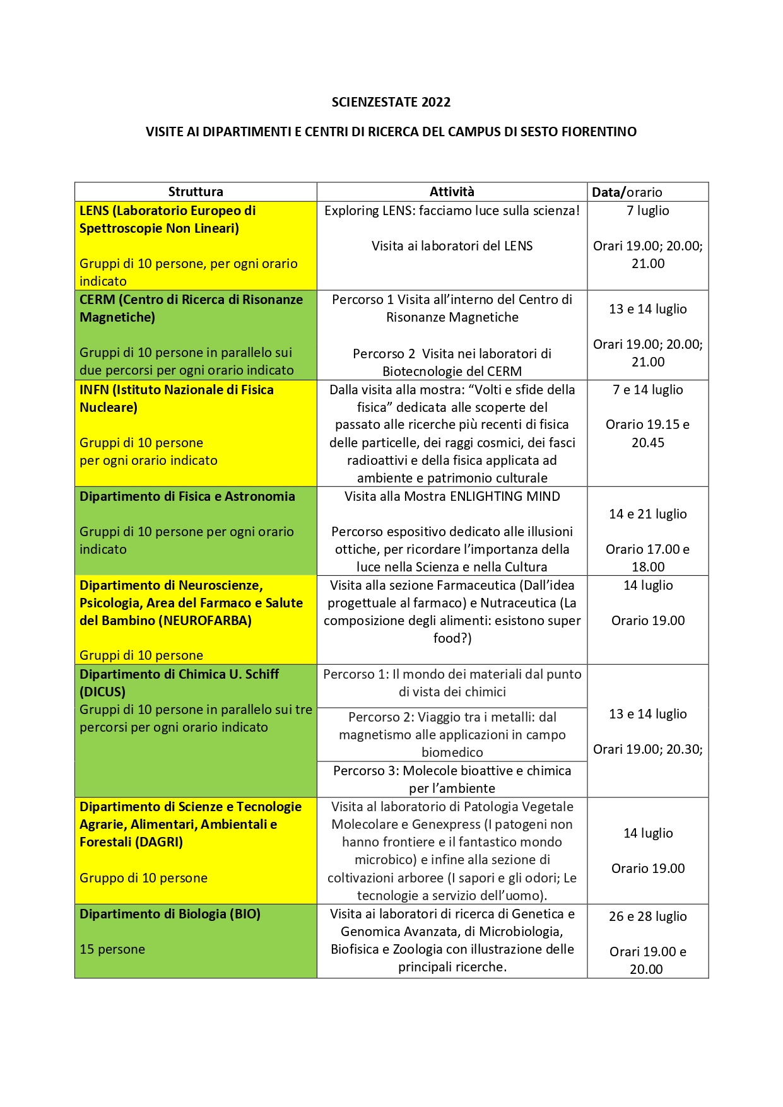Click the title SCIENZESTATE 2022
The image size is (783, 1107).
pos(391,102)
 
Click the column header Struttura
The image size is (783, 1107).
pos(196,192)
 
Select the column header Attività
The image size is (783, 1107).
pos(452,192)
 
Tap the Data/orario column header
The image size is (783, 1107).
pos(627,192)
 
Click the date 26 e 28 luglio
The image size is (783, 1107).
pos(647,917)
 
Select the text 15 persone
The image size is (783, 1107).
pos(112,949)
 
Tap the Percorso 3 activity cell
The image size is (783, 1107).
pos(452,780)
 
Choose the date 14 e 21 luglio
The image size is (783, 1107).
pos(647,514)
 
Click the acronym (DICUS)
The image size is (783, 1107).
pos(102,692)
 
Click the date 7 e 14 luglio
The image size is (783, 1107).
pos(647,390)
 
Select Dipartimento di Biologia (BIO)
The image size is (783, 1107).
pos(170,914)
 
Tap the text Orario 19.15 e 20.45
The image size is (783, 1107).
pos(647,433)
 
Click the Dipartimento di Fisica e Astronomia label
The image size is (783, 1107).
pos(187,496)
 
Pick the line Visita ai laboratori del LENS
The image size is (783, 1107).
pos(452,246)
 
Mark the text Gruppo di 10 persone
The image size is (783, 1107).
pos(143,878)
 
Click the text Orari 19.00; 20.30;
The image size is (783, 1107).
pos(647,749)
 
